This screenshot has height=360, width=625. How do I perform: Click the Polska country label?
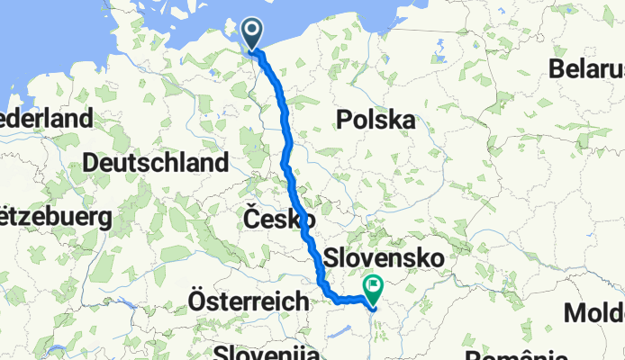[376, 120]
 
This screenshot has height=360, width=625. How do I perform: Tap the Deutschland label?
[156, 163]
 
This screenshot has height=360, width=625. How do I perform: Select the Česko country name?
[279, 219]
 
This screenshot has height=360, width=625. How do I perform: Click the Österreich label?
[249, 301]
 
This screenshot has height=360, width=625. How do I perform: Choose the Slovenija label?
[267, 351]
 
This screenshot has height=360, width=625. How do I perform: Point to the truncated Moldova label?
[595, 313]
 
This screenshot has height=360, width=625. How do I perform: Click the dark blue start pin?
[252, 35]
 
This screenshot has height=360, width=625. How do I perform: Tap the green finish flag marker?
[372, 287]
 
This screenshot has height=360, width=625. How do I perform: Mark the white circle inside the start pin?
[252, 31]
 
